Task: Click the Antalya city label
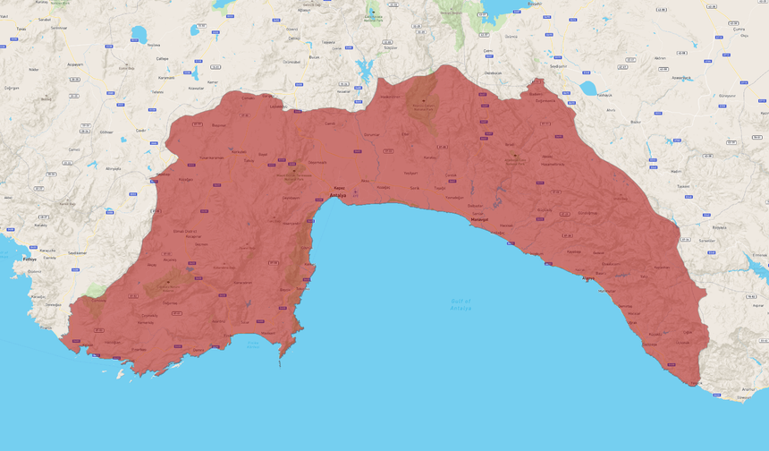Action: click(338, 194)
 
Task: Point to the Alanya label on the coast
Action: click(587, 278)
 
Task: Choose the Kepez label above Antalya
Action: click(340, 188)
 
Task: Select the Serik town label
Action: click(414, 189)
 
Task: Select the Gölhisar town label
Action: click(106, 132)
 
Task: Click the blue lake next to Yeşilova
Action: click(139, 35)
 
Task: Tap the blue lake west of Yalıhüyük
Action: click(588, 88)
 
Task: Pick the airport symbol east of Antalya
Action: click(356, 191)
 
